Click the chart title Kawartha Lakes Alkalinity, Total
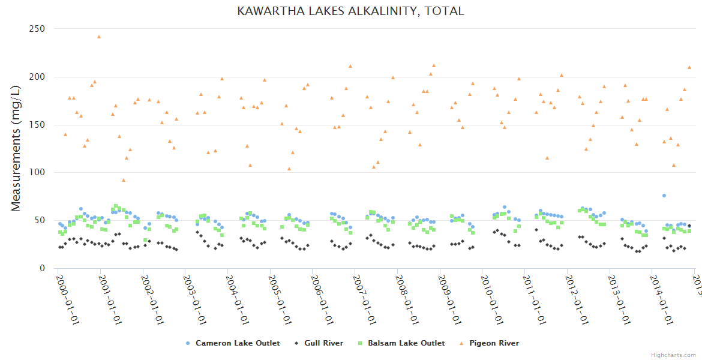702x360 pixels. coord(350,11)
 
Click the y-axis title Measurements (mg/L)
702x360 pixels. coord(16,148)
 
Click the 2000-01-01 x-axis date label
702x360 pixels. coord(68,298)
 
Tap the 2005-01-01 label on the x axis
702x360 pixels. coord(281,298)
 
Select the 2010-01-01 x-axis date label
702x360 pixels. coord(493,298)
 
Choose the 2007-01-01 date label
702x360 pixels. coord(366,298)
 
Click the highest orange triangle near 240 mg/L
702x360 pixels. coord(99,37)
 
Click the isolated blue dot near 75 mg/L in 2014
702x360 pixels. coord(664,196)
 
